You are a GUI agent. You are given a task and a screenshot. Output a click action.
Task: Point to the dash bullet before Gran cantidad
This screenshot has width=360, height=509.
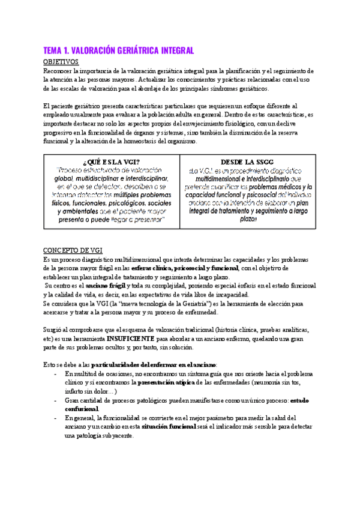(x=55, y=400)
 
